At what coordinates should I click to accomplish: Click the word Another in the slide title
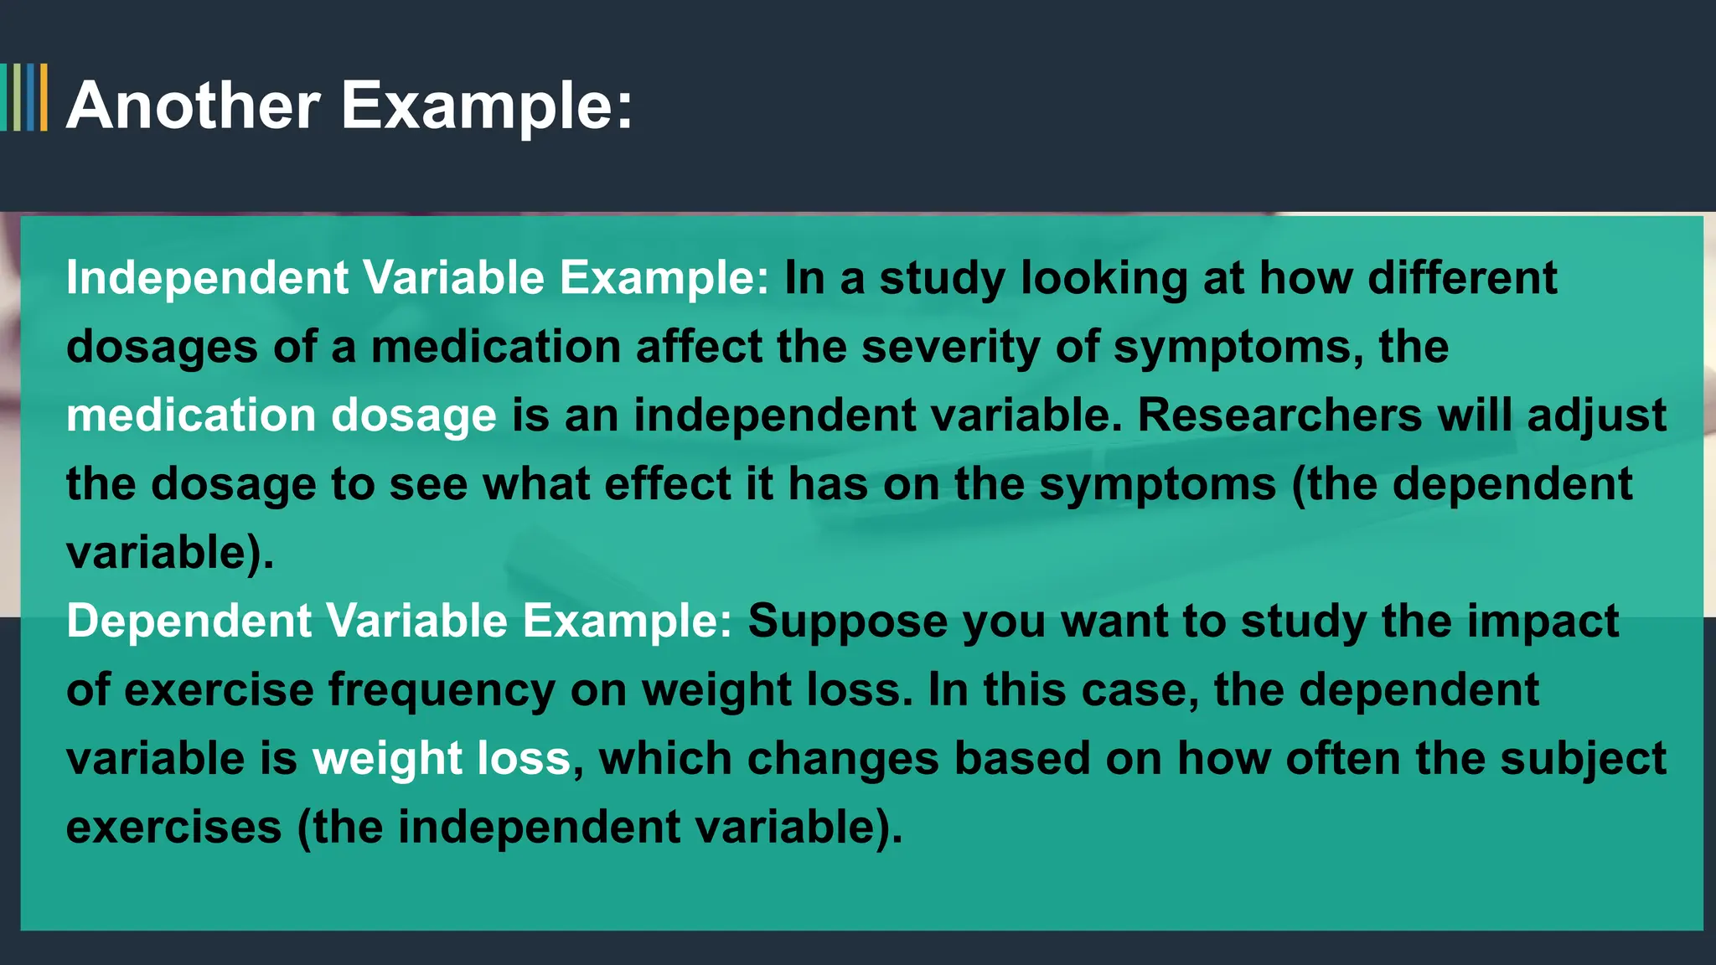pos(194,106)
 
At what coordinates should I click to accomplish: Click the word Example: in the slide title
pos(487,106)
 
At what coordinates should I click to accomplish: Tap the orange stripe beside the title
pos(44,97)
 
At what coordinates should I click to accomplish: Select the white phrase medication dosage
pos(282,415)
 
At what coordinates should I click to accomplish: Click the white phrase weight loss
pos(442,759)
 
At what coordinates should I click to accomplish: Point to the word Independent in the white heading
pos(207,277)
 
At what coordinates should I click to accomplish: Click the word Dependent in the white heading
pos(189,621)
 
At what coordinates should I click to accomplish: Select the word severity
pos(950,347)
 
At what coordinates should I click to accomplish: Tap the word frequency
pos(442,691)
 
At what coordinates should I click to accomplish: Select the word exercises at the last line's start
pos(174,828)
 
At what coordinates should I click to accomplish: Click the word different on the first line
pos(1462,277)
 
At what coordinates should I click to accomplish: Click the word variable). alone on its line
pos(170,553)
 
